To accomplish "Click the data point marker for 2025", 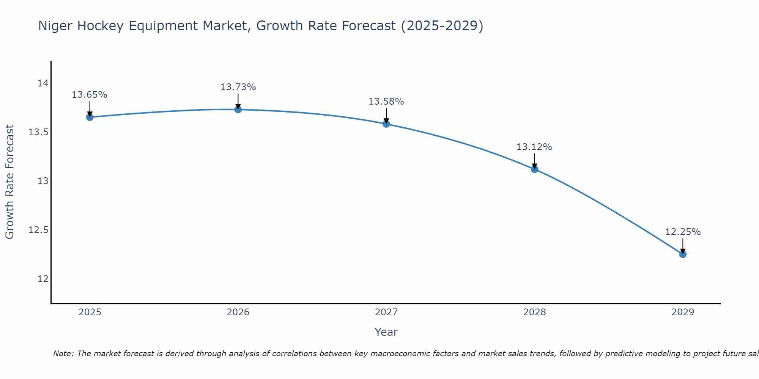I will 90,117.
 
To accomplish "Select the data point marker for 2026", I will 238,110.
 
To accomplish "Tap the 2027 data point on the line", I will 386,124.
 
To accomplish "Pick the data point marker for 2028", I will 534,169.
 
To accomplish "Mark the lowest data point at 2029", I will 683,254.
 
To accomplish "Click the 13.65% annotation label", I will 90,95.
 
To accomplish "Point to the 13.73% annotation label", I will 238,87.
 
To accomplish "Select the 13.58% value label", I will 386,102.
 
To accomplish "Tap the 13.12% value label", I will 534,147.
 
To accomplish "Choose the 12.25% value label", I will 683,232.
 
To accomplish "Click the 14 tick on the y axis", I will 43,83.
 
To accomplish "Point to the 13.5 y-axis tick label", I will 39,132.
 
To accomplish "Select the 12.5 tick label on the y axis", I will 39,230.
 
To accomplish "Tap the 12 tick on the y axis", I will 43,279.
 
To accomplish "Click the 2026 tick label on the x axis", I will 238,312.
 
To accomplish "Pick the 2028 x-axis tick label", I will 534,312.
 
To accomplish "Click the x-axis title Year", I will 386,332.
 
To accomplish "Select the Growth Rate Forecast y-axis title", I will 9,182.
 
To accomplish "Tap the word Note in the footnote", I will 63,354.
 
